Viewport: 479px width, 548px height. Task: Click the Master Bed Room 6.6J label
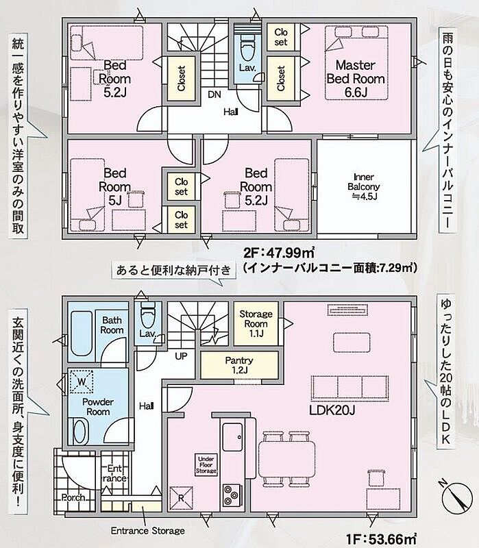356,79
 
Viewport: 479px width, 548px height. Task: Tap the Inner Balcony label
364,186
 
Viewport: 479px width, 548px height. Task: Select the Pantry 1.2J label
239,365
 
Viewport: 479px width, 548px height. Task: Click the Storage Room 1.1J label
256,323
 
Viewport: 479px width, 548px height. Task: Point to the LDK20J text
332,410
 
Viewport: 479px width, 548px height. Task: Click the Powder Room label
98,407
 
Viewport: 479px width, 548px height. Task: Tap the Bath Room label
112,325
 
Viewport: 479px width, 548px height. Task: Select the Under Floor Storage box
206,465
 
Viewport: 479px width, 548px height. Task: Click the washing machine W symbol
82,382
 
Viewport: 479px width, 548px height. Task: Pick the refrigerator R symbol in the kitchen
181,498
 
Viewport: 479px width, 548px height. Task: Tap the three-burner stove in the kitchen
232,495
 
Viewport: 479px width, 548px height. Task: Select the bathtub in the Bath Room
82,334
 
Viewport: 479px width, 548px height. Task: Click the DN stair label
214,95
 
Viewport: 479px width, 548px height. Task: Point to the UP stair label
181,356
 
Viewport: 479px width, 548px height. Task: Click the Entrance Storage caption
148,530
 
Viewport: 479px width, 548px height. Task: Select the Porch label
73,497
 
